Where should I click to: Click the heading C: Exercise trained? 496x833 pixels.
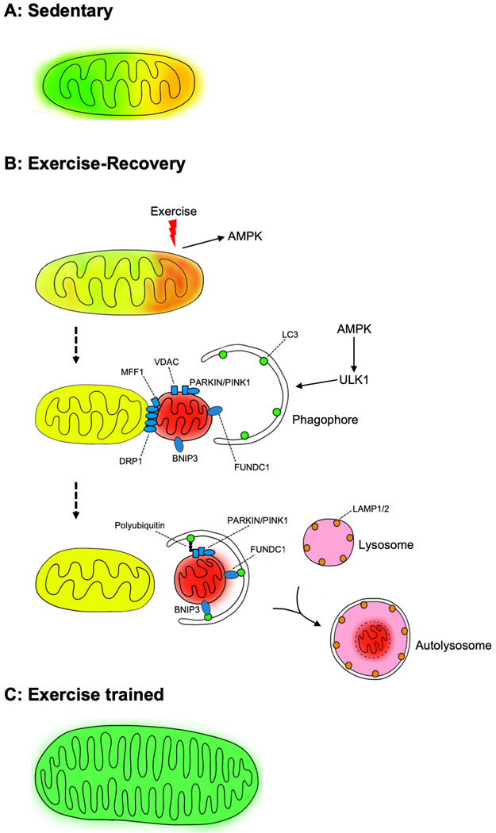click(84, 696)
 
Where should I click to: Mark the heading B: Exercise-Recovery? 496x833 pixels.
click(94, 164)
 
